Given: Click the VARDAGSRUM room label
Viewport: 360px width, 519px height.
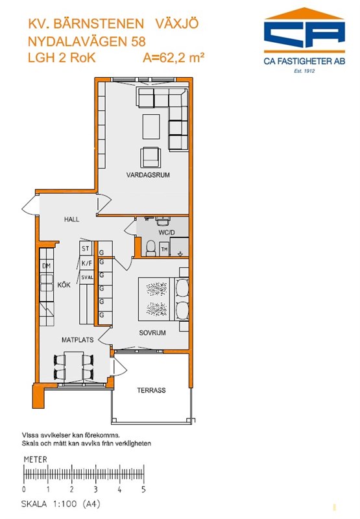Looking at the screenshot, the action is point(148,175).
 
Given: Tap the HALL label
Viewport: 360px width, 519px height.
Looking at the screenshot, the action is point(72,219).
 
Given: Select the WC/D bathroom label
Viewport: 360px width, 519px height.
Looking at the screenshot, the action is point(167,232).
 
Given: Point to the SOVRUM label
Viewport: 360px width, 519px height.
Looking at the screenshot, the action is point(152,333).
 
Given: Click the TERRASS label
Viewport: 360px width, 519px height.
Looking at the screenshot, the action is point(151,391).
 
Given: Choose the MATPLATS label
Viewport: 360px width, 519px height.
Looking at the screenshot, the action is point(77,339).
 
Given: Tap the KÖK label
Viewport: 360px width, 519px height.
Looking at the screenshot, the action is point(64,285).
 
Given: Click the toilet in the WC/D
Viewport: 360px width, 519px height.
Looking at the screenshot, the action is point(151,248).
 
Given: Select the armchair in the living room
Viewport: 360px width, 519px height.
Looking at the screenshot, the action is point(150,157).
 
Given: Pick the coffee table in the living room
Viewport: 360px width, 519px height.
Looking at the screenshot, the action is point(151,127).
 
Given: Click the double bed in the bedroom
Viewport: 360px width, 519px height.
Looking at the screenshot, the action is point(163,299).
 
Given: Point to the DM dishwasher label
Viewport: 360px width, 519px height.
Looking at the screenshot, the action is point(46,265).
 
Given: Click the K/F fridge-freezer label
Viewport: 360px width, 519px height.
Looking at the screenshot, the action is point(87,263).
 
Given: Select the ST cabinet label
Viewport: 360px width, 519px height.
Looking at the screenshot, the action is point(86,248).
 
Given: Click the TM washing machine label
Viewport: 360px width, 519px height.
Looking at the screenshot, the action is point(164,249).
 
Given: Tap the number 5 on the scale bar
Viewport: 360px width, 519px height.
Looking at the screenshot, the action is point(143,489).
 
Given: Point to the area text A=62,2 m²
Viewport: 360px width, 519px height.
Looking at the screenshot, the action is point(173,58).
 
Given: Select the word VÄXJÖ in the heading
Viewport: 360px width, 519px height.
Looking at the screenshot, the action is point(177,24).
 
